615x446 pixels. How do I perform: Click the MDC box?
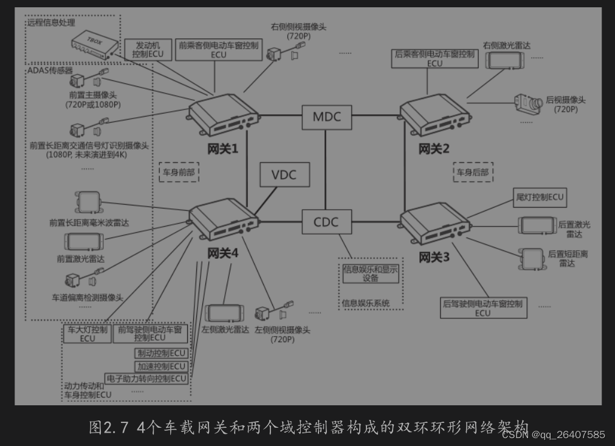327,117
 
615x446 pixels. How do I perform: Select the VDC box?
284,175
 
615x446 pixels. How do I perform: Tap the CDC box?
326,222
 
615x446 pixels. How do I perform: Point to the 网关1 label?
222,148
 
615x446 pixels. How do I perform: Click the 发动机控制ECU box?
148,49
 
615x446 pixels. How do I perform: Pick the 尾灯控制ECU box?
539,197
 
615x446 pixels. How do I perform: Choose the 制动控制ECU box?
161,354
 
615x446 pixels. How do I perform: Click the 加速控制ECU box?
161,366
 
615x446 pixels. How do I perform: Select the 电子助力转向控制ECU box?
146,379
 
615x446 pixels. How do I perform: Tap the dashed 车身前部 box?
179,172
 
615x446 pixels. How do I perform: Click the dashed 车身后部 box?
473,172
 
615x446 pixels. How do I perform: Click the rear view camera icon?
527,103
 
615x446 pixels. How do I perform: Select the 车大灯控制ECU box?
88,334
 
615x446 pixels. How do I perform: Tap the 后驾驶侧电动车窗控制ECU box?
483,307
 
